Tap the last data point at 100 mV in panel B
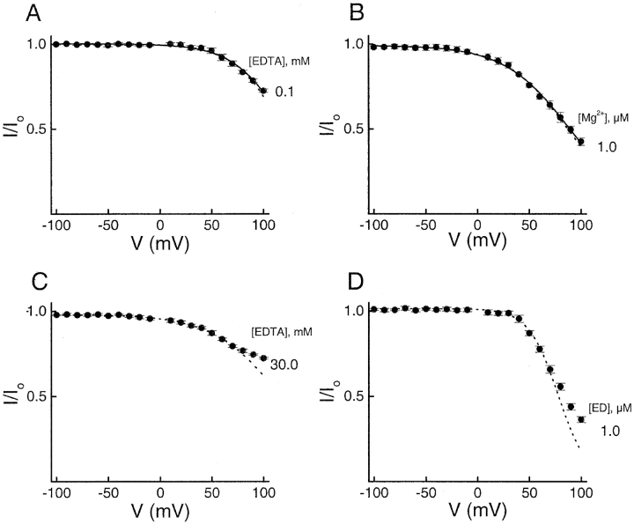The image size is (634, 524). tap(581, 142)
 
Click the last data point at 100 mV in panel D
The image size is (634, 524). tap(581, 419)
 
